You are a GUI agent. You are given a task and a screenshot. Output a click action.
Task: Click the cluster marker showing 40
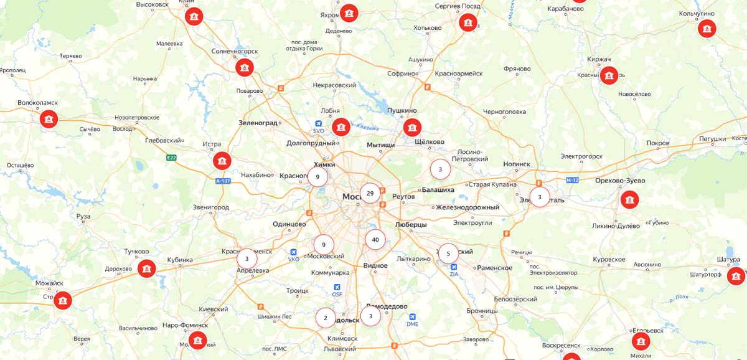click(375, 239)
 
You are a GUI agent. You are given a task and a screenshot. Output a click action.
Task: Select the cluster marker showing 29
click(370, 193)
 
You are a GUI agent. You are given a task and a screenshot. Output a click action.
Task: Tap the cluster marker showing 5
click(448, 253)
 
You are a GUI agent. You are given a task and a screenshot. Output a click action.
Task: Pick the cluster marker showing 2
click(325, 318)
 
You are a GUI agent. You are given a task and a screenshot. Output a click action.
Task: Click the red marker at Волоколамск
click(49, 118)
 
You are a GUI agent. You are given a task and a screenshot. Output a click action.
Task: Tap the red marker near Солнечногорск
click(245, 67)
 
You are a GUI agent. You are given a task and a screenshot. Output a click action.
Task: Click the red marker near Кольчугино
click(707, 28)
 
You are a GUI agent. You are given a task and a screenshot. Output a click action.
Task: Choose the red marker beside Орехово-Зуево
click(629, 200)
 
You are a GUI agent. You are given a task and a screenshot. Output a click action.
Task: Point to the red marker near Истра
click(222, 161)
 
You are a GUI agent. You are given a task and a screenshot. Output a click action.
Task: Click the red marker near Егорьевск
click(641, 341)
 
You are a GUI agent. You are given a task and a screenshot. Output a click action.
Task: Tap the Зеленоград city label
click(258, 123)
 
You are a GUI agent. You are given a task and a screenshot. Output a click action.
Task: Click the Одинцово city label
click(289, 224)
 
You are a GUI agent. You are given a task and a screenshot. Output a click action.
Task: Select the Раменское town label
click(494, 268)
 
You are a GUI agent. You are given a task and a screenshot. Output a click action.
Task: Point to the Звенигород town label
click(211, 207)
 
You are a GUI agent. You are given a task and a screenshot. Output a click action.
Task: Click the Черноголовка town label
click(504, 112)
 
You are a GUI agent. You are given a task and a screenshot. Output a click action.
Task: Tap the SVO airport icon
click(319, 123)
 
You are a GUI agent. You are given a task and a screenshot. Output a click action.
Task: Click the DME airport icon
click(412, 316)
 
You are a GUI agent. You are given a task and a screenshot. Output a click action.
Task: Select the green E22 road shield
click(171, 158)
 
